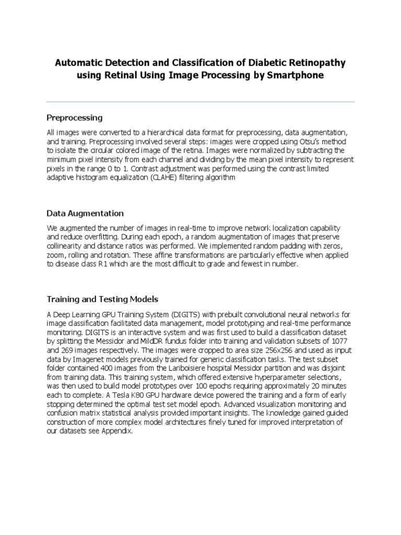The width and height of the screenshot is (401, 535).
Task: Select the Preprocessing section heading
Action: point(75,117)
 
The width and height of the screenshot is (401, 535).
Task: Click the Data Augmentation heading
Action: point(85,213)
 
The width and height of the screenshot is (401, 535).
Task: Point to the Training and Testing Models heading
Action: point(102,299)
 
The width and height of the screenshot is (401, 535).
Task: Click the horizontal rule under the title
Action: point(200,101)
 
